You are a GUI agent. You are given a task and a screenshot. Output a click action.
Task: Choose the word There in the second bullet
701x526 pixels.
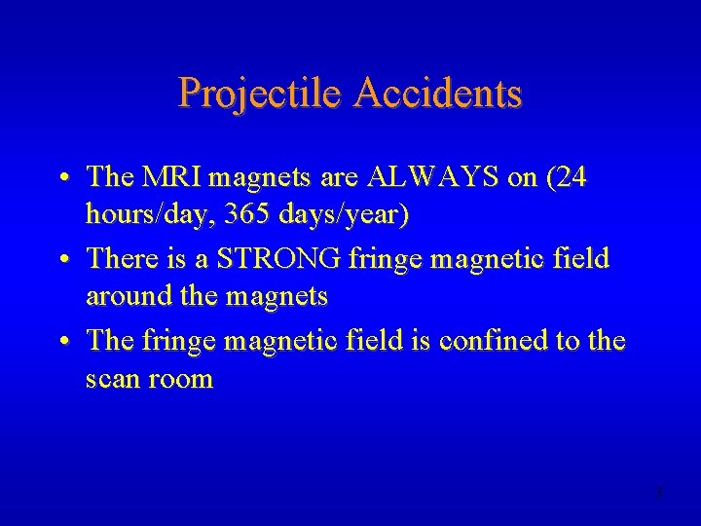coord(121,258)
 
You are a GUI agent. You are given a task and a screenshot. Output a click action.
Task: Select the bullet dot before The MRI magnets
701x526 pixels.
coord(62,177)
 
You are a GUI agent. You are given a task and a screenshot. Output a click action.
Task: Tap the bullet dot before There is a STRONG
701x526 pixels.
coord(62,259)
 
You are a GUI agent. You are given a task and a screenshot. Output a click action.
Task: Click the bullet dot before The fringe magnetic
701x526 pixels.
coord(62,342)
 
